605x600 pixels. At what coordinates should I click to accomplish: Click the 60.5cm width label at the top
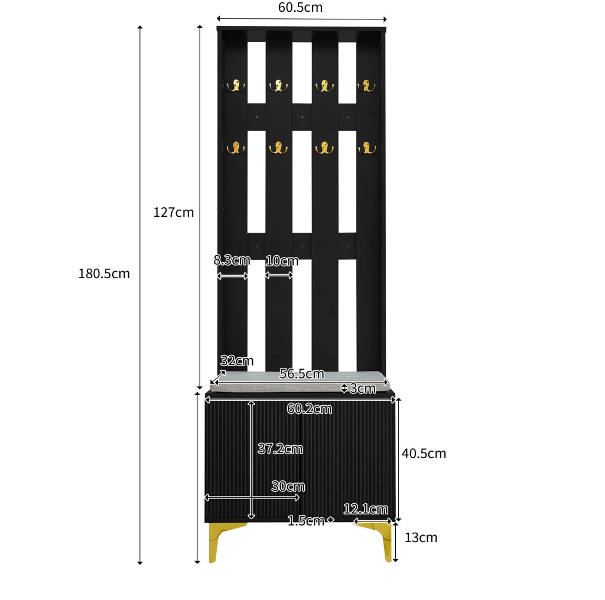pyautogui.click(x=300, y=7)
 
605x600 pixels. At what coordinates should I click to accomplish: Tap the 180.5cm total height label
pyautogui.click(x=104, y=273)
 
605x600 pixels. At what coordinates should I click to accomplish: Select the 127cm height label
pyautogui.click(x=174, y=212)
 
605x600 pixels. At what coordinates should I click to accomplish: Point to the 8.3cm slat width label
pyautogui.click(x=232, y=260)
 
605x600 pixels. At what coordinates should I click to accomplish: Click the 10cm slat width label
pyautogui.click(x=282, y=261)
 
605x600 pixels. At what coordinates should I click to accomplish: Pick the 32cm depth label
pyautogui.click(x=237, y=361)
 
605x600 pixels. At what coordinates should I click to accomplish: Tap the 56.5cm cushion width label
pyautogui.click(x=302, y=373)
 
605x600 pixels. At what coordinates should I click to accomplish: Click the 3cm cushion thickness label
pyautogui.click(x=363, y=389)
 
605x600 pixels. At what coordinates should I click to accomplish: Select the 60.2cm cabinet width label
pyautogui.click(x=310, y=409)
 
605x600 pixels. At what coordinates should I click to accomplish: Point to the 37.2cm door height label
pyautogui.click(x=280, y=448)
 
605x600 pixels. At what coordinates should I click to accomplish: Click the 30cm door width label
pyautogui.click(x=288, y=486)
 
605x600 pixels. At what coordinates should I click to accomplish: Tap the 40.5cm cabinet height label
pyautogui.click(x=424, y=454)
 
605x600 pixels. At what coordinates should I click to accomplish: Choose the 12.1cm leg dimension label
pyautogui.click(x=365, y=509)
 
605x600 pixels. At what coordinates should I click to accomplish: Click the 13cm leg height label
pyautogui.click(x=421, y=537)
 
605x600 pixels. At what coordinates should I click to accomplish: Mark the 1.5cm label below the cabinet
pyautogui.click(x=306, y=521)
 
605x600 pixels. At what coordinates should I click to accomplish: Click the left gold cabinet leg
pyautogui.click(x=217, y=538)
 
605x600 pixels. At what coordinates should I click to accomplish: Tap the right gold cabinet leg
pyautogui.click(x=382, y=538)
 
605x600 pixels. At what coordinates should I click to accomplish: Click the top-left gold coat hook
pyautogui.click(x=236, y=86)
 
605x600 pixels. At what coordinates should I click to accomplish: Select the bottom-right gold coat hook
pyautogui.click(x=367, y=148)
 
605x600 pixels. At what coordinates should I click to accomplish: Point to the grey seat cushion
pyautogui.click(x=300, y=381)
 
